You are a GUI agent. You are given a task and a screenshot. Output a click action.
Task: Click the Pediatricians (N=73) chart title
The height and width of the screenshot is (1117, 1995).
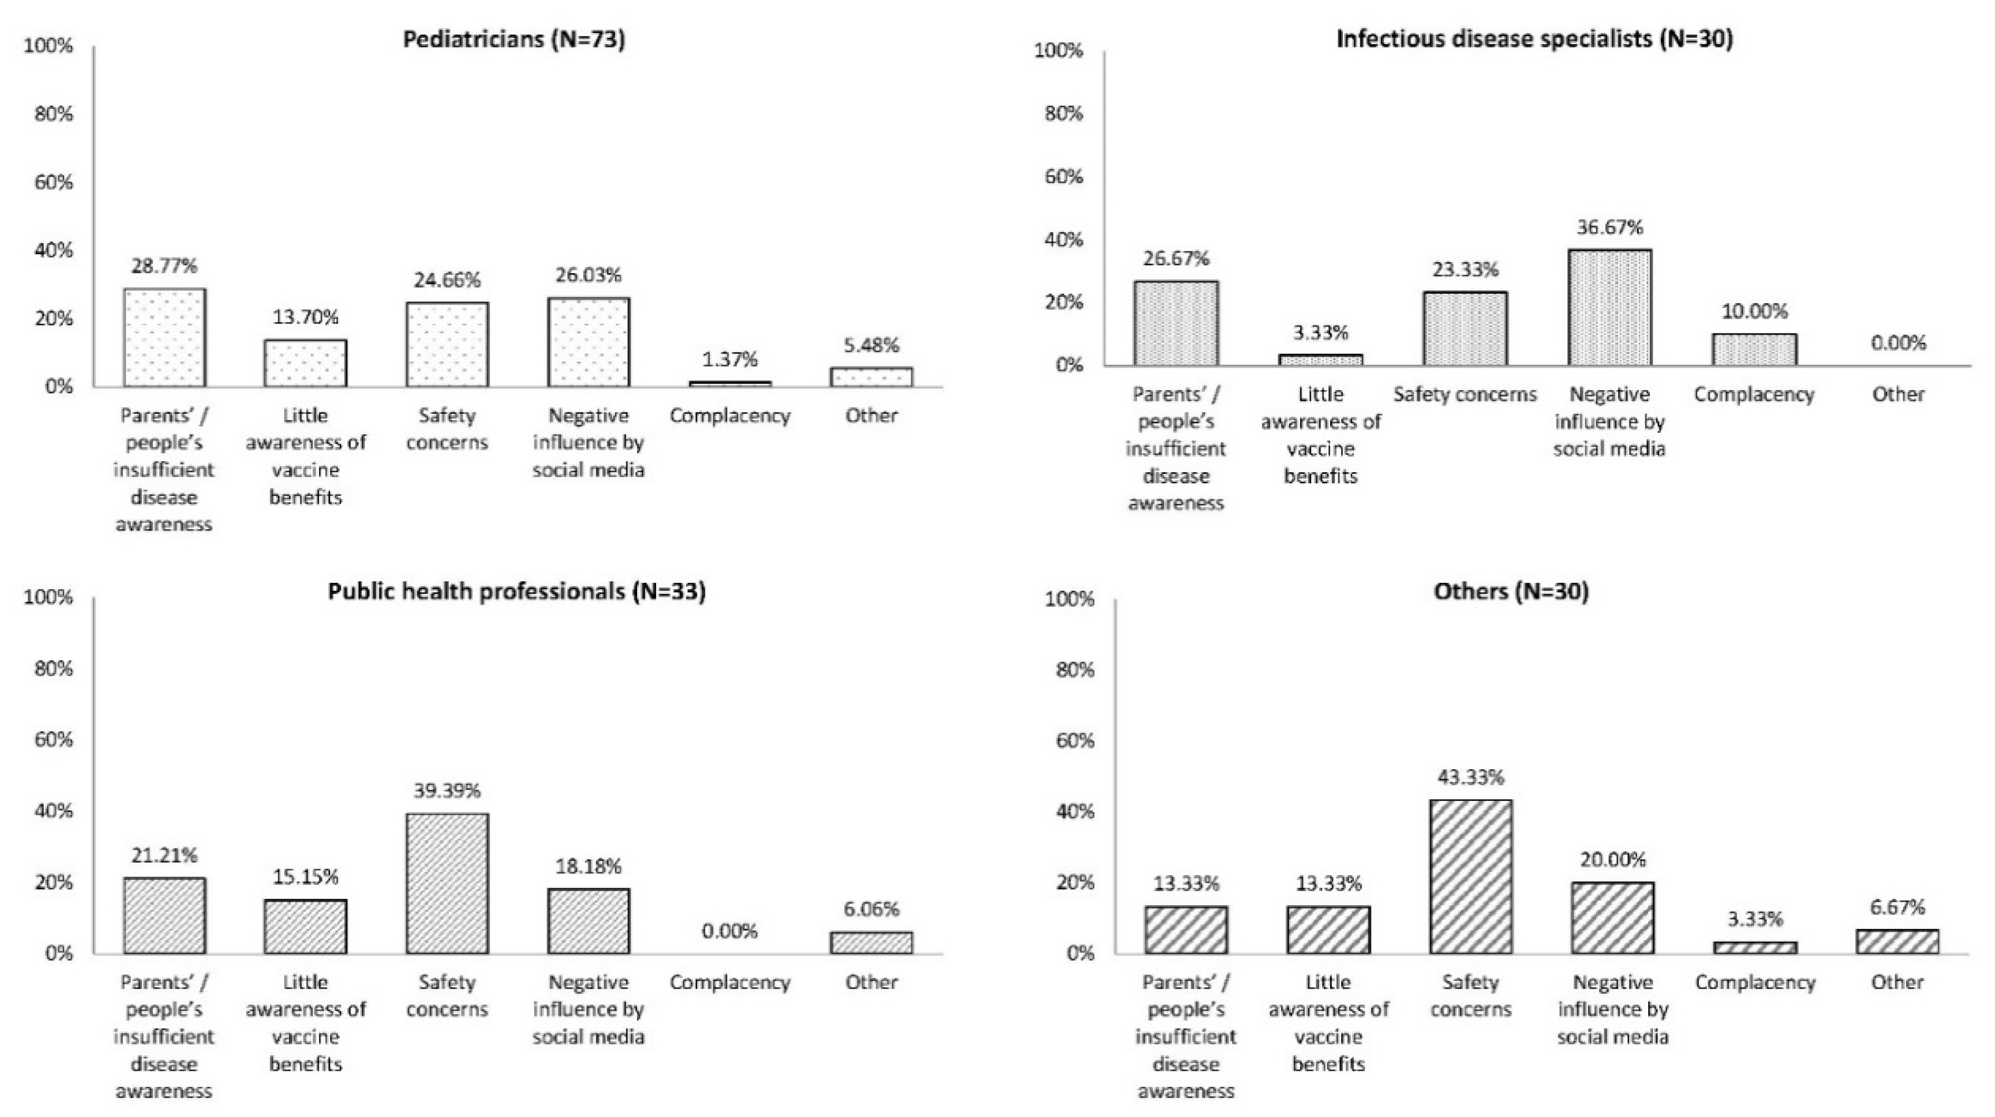(514, 39)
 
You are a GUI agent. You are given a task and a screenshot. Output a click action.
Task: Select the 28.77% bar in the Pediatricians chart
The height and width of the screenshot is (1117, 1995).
(164, 338)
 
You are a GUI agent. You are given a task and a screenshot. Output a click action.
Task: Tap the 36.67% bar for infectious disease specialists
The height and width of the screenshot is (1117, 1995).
(1609, 307)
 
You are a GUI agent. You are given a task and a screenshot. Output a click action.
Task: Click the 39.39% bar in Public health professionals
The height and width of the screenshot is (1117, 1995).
(447, 883)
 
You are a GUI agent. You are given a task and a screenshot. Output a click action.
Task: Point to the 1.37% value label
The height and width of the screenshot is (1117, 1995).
(730, 360)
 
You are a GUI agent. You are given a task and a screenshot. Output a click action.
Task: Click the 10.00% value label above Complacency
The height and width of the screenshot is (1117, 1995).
(1754, 312)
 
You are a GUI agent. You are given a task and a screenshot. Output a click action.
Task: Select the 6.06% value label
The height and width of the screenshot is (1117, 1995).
(872, 910)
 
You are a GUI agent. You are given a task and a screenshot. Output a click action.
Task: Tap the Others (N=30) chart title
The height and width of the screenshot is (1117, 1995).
(1511, 591)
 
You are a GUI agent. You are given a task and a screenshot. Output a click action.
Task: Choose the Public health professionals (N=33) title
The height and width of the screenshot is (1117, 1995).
(517, 591)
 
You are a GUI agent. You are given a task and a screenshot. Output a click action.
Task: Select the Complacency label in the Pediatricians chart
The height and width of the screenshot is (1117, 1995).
(730, 416)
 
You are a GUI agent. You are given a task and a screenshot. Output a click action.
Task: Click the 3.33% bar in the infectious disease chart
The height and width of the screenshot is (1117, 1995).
(1320, 360)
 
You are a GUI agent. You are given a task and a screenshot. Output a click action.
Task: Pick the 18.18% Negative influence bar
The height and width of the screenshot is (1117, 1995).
(588, 921)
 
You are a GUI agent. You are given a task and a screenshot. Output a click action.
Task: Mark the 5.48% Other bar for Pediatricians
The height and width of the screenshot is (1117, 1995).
(872, 378)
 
